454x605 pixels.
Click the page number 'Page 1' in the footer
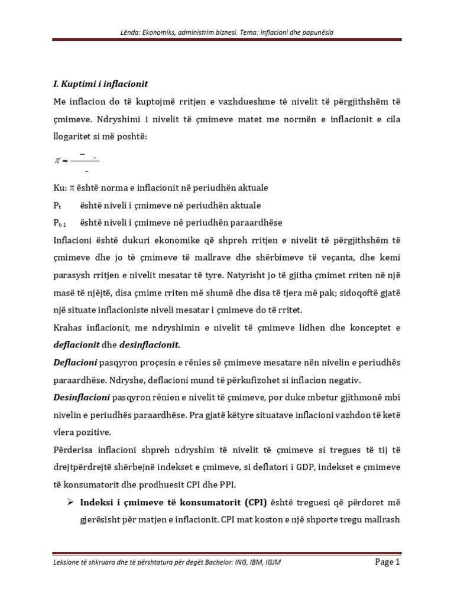pos(388,562)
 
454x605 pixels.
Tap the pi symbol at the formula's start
pos(57,160)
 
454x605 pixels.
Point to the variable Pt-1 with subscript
pos(60,223)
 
